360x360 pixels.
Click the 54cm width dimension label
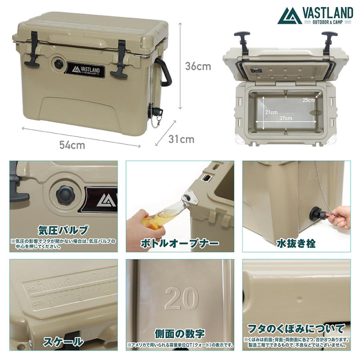tap(72, 145)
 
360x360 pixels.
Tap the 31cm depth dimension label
tap(181, 139)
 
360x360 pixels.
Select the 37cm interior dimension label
tap(286, 118)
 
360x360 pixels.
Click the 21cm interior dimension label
tap(271, 112)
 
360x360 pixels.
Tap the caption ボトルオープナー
tap(180, 243)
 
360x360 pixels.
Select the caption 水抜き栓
tap(297, 243)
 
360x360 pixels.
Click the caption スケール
tap(64, 341)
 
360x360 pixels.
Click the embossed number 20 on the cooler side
tap(182, 298)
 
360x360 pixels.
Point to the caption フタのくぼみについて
tap(297, 329)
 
